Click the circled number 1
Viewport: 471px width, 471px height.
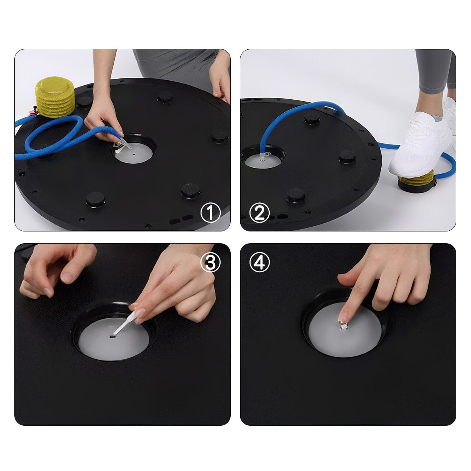click(x=210, y=213)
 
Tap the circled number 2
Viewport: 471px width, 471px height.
click(x=259, y=213)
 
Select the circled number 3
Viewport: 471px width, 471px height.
click(x=210, y=262)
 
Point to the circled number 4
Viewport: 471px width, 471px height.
click(x=259, y=262)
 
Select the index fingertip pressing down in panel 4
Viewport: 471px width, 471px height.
click(x=343, y=317)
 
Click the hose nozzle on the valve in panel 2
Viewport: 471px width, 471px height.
click(x=264, y=155)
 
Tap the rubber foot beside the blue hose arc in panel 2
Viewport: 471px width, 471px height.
click(x=312, y=117)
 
